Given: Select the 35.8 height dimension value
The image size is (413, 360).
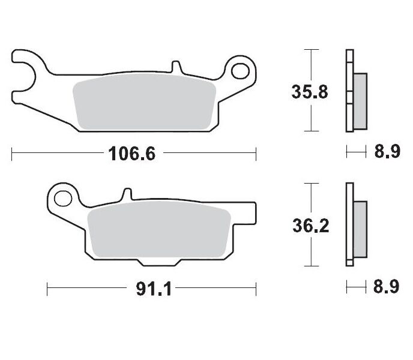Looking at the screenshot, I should pyautogui.click(x=310, y=92).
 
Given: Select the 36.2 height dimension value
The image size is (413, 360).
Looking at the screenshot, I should pyautogui.click(x=310, y=226).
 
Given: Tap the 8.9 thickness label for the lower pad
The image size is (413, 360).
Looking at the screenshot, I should pyautogui.click(x=387, y=288).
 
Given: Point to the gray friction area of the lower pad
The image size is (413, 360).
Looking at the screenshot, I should pyautogui.click(x=160, y=230).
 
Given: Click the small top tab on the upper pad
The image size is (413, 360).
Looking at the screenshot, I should pyautogui.click(x=175, y=65).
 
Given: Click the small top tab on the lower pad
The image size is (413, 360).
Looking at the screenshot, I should pyautogui.click(x=126, y=194).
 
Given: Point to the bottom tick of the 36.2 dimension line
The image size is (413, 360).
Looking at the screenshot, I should pyautogui.click(x=310, y=266).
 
